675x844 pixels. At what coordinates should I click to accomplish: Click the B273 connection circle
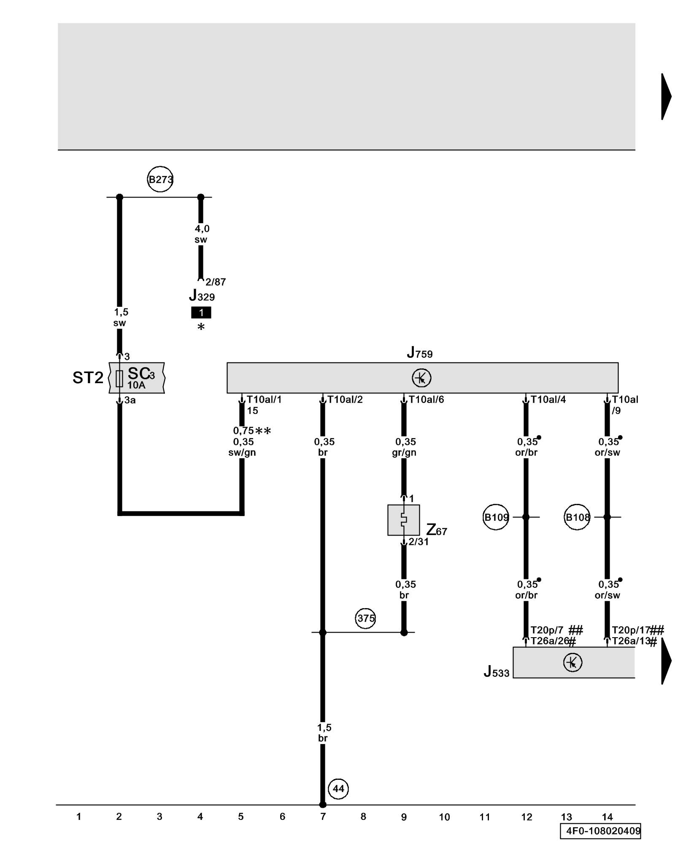(160, 179)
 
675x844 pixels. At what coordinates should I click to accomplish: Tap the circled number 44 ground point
(338, 788)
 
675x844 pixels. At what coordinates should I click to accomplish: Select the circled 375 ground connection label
(365, 618)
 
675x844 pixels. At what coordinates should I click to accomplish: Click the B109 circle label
(496, 517)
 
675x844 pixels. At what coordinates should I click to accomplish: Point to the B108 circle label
(577, 517)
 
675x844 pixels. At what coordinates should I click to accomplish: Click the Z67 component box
(403, 520)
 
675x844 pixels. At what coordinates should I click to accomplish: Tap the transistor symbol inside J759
(421, 378)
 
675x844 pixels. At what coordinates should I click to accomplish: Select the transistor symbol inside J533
(572, 662)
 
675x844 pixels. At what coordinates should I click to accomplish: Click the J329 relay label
(202, 295)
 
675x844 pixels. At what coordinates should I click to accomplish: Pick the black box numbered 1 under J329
(201, 313)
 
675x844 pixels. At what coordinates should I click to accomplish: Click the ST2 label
(88, 378)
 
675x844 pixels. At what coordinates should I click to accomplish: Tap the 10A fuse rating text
(136, 385)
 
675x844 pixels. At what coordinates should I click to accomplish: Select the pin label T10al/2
(345, 399)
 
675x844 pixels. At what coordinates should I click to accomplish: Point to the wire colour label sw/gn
(242, 453)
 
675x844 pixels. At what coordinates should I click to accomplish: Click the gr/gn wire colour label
(404, 453)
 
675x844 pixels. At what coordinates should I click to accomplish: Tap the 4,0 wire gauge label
(202, 229)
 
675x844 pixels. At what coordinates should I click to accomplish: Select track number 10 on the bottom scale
(444, 817)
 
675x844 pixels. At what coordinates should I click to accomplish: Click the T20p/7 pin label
(547, 630)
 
